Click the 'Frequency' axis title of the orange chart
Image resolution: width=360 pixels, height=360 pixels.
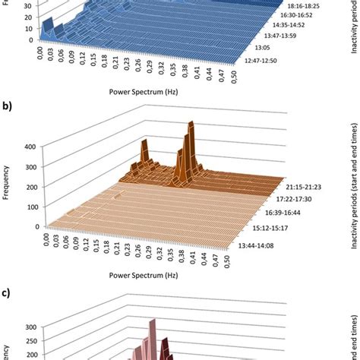(7, 186)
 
